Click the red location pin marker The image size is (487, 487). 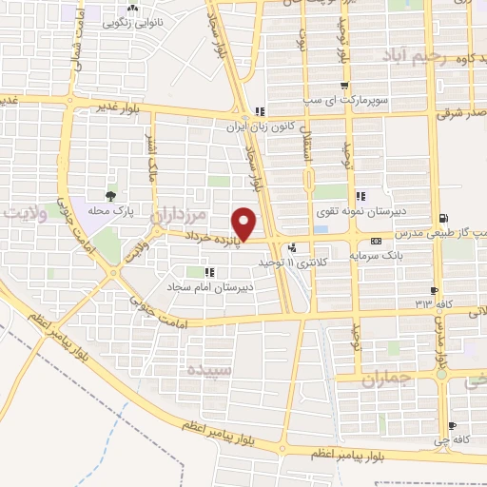(245, 224)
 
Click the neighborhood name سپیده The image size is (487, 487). (209, 367)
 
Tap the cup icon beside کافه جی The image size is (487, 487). (451, 424)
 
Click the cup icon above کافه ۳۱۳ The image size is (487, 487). (434, 290)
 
